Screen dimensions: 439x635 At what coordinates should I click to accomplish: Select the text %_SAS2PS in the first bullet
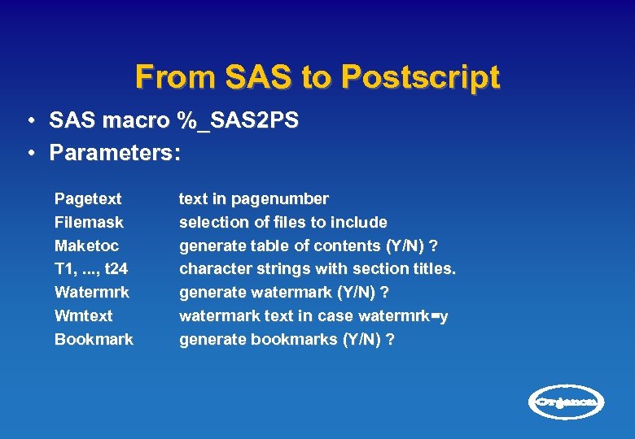(237, 121)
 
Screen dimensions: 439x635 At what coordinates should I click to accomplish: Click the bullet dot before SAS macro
(28, 121)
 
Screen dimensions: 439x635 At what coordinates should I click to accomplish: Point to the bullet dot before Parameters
(28, 153)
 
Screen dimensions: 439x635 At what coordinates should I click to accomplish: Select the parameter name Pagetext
(88, 199)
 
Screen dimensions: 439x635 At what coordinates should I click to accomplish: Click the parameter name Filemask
(89, 222)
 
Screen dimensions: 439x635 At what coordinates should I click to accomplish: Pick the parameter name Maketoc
(86, 246)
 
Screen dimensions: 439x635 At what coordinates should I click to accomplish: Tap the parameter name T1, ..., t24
(91, 269)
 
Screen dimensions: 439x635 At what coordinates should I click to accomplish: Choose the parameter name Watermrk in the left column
(91, 292)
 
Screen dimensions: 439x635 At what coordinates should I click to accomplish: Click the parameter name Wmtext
(83, 315)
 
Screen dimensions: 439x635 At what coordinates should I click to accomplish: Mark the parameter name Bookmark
(94, 339)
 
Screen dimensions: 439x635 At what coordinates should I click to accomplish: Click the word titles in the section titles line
(436, 269)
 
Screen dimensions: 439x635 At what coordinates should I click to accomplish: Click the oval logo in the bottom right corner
(567, 402)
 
